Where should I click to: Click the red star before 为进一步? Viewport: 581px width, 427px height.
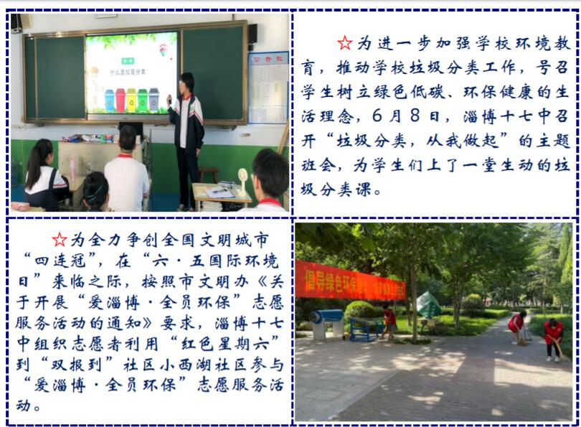(x=345, y=43)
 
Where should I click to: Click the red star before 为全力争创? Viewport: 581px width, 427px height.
(x=60, y=240)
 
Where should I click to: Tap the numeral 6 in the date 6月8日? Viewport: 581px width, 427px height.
(x=377, y=116)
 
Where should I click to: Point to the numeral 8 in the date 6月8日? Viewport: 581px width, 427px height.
(x=415, y=116)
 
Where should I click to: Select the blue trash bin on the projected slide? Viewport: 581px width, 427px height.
(x=110, y=100)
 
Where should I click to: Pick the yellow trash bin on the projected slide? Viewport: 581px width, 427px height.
(x=131, y=100)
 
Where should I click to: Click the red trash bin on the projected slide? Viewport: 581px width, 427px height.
(x=121, y=100)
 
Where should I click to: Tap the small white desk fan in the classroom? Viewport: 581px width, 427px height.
(x=242, y=182)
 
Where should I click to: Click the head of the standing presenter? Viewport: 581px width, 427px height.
(x=186, y=84)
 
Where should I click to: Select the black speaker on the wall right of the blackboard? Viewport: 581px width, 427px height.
(x=252, y=34)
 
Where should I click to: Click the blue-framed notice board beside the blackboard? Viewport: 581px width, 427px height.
(x=268, y=88)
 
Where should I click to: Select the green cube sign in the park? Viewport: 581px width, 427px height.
(x=428, y=305)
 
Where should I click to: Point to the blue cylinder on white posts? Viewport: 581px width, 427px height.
(x=326, y=316)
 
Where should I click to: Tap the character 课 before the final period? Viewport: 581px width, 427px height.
(x=363, y=189)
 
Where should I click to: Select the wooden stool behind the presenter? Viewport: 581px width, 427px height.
(x=208, y=175)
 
